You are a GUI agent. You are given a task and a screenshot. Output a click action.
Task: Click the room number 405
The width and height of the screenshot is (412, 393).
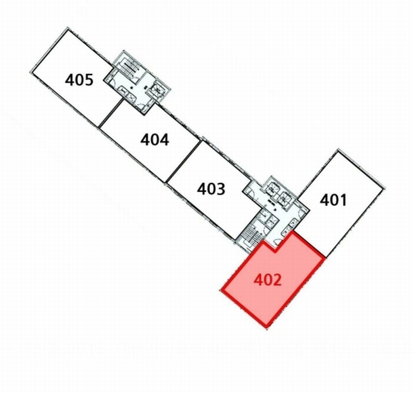tap(79, 80)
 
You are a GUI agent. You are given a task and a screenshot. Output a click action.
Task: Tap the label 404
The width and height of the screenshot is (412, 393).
tap(155, 140)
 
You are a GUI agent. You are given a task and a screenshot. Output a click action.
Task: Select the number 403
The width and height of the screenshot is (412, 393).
tap(211, 189)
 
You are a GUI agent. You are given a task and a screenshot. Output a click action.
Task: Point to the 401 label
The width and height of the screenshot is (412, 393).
tap(333, 200)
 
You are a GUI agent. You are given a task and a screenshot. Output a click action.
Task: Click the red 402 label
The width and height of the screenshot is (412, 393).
tap(268, 280)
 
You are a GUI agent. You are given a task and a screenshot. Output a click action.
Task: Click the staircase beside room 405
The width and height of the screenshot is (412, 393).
tap(129, 66)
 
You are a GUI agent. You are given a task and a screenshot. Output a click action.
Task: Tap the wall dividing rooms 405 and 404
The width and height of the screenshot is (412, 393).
tap(111, 113)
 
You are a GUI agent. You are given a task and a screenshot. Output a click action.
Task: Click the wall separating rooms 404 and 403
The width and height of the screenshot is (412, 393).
tap(184, 161)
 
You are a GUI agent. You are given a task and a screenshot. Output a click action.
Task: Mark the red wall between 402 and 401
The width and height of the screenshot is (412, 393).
tap(309, 244)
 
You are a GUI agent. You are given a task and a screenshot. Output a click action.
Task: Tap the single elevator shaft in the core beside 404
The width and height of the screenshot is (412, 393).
tap(157, 89)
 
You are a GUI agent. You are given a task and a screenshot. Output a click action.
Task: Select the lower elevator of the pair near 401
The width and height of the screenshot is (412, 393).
tap(283, 198)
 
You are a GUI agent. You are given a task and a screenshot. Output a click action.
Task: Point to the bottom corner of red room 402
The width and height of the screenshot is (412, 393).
tap(267, 326)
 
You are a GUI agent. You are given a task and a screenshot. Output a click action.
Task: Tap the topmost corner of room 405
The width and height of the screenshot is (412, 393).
tap(68, 28)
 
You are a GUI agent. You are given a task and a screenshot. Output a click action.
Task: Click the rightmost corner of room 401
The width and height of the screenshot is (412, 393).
tap(383, 188)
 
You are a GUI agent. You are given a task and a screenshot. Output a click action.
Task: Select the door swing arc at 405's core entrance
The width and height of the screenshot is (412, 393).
tap(112, 82)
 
